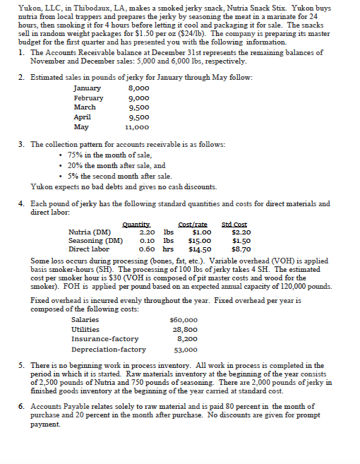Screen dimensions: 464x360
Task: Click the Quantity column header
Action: pos(137,225)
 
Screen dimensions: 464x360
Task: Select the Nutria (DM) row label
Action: pos(88,232)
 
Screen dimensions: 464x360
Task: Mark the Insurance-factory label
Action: pos(105,339)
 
